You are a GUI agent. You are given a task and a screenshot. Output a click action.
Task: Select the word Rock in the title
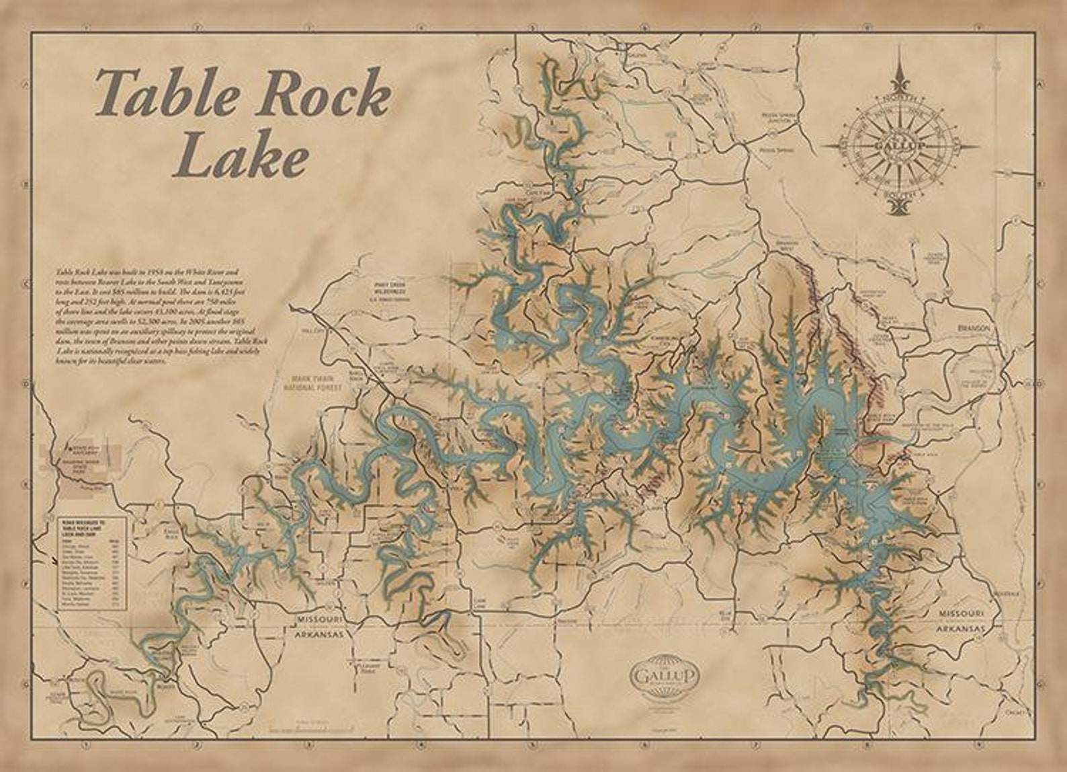pyautogui.click(x=330, y=94)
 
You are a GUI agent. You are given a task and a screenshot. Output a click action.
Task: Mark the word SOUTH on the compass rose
pyautogui.click(x=900, y=194)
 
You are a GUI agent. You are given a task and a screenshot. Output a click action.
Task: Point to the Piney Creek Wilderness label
pyautogui.click(x=392, y=288)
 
